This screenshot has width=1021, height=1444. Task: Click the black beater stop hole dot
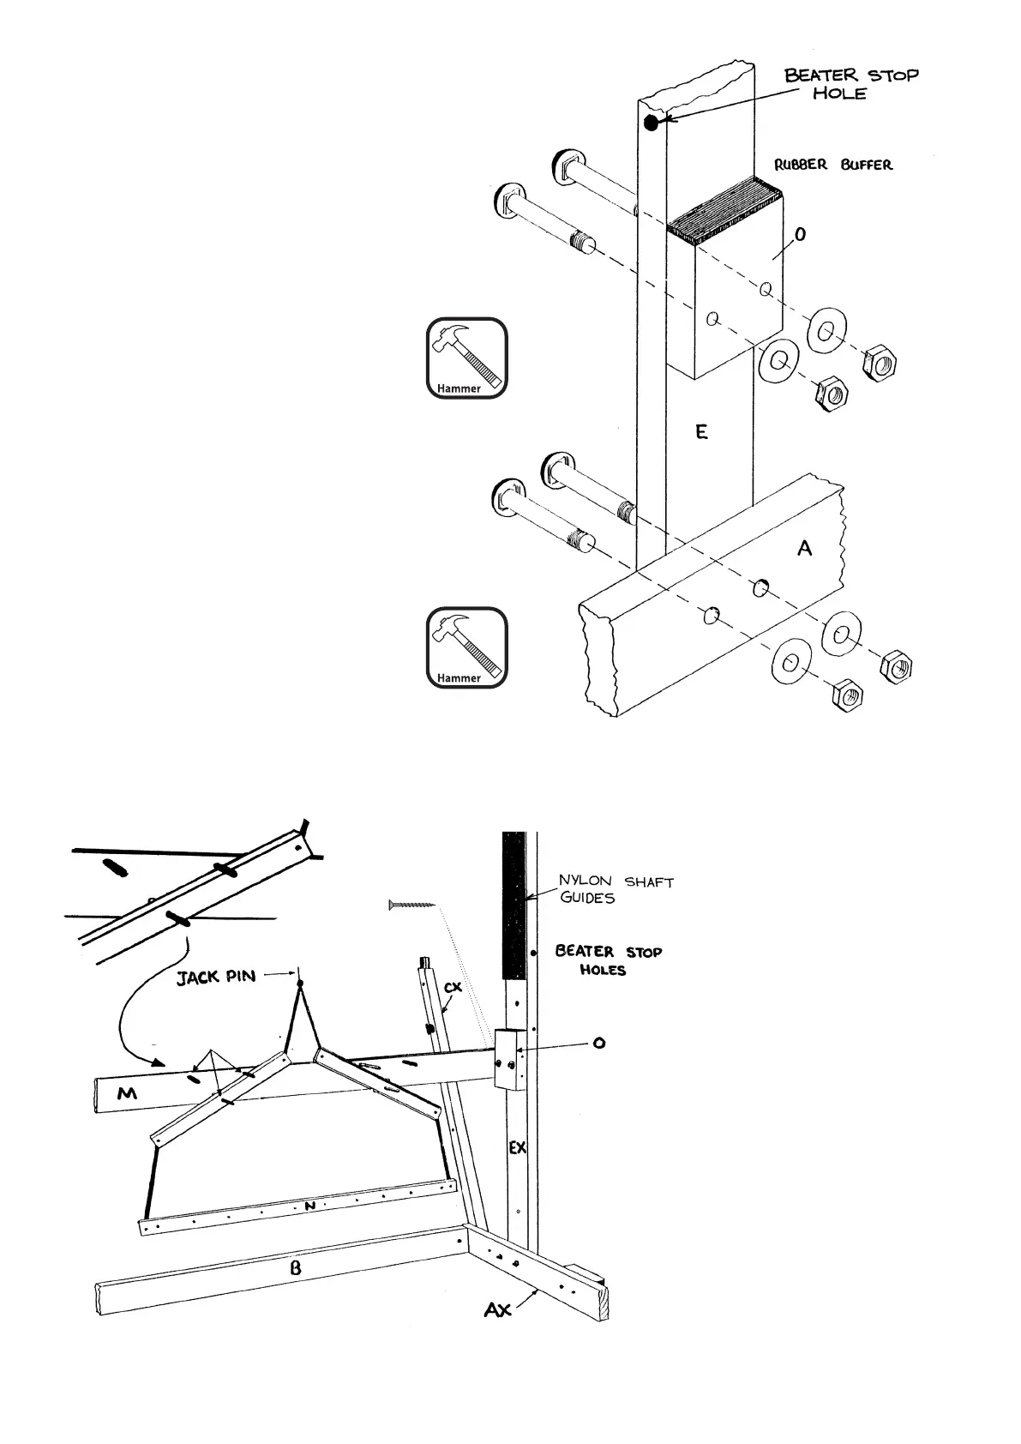coord(651,123)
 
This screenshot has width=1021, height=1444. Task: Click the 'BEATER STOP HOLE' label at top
coord(850,84)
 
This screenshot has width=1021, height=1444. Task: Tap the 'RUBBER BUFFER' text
coord(833,165)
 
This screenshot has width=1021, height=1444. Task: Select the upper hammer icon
coord(466,358)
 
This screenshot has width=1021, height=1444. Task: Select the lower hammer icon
coord(466,647)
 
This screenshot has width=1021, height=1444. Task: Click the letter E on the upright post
coord(701,433)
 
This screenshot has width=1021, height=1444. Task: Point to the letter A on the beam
coord(804,548)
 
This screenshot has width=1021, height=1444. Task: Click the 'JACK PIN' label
coord(216,977)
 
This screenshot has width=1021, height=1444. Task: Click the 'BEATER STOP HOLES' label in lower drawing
coord(608,960)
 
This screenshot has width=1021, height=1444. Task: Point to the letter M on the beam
coord(127,1093)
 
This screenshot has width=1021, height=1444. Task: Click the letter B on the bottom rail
coord(295,1267)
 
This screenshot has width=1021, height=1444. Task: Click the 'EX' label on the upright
coord(517,1147)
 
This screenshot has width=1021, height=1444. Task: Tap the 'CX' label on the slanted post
coord(453,988)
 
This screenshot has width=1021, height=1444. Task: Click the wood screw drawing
coord(411,904)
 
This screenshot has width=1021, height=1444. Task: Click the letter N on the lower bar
coord(311,1206)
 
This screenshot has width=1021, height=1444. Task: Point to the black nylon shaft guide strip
coord(513,906)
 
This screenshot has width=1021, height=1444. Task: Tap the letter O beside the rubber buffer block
coord(800,234)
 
